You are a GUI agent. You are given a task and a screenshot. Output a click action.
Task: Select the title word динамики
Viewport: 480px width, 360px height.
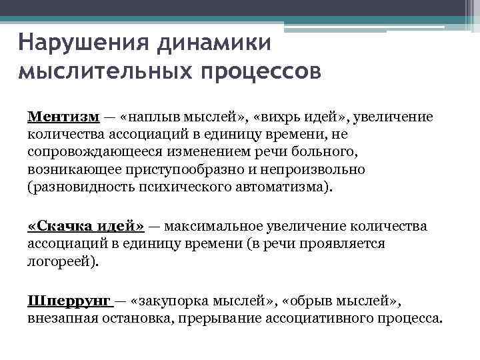215,44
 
